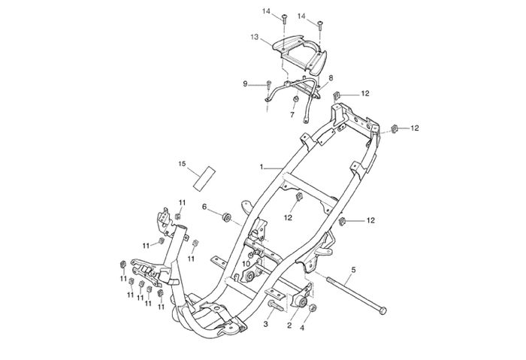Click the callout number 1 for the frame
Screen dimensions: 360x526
[261, 166]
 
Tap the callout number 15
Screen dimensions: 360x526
[182, 163]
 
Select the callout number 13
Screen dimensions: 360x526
[255, 37]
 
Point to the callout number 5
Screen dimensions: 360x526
[354, 269]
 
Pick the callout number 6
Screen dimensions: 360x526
[204, 207]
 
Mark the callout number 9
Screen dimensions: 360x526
[246, 84]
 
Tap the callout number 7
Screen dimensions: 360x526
[293, 116]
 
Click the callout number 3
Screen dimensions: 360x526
[265, 324]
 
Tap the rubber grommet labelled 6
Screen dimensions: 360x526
[225, 217]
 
